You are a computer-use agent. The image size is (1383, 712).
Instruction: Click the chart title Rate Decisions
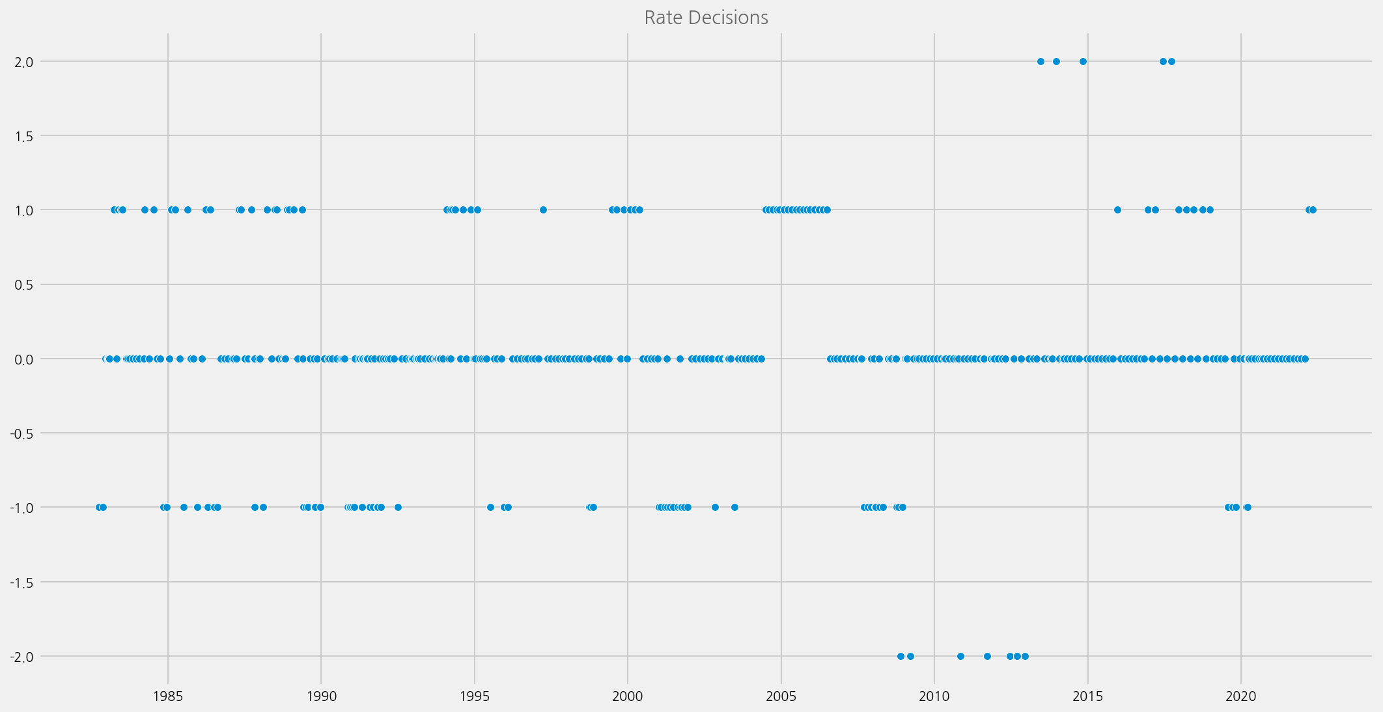tap(706, 18)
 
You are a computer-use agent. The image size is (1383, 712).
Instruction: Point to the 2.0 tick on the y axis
tap(24, 62)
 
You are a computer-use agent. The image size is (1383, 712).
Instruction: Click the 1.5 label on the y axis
tap(24, 136)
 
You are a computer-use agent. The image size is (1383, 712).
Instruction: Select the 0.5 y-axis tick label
tap(24, 284)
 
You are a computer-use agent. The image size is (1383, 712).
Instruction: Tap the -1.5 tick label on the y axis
tap(22, 582)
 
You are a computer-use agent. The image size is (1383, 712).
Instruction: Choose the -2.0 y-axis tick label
tap(22, 656)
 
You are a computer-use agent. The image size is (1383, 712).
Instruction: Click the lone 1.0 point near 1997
tap(543, 210)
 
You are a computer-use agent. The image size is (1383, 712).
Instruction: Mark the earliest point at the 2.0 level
tap(1041, 61)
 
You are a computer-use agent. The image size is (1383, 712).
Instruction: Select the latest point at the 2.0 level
tap(1171, 61)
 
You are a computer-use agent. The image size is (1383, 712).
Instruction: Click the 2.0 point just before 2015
tap(1083, 61)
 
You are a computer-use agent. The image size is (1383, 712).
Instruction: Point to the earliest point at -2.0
tap(901, 656)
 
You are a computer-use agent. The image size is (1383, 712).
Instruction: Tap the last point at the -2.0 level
tap(1025, 656)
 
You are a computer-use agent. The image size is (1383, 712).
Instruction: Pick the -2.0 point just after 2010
tap(960, 656)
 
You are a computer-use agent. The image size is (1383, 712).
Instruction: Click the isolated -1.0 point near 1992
tap(398, 507)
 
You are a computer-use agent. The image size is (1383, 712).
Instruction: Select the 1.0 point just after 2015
tap(1117, 210)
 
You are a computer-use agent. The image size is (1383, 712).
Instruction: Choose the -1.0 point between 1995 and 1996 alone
tap(490, 507)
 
